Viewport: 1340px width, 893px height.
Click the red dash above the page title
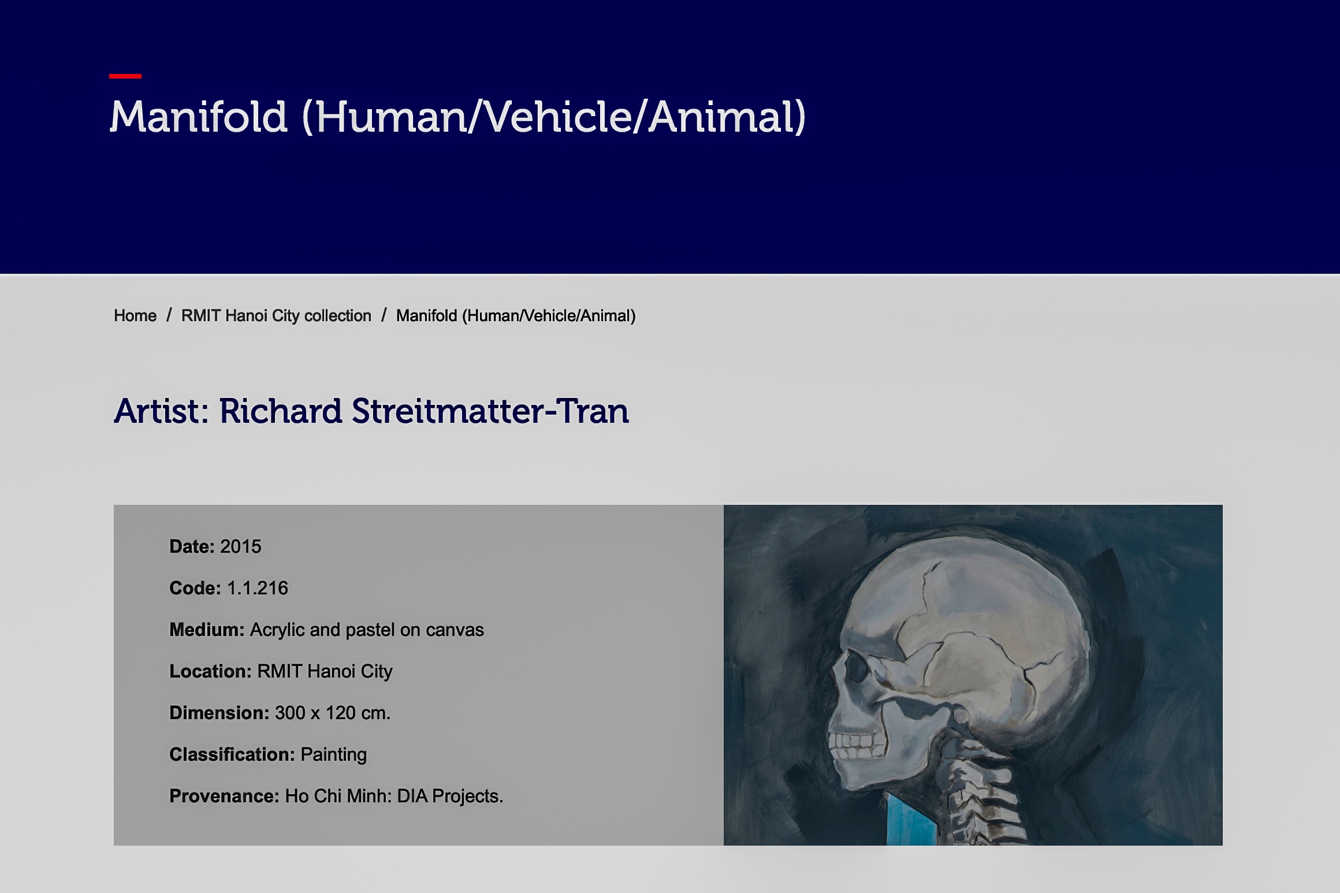pyautogui.click(x=125, y=76)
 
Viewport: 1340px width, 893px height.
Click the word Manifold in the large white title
pyautogui.click(x=199, y=117)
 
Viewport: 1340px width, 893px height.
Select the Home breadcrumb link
pyautogui.click(x=135, y=315)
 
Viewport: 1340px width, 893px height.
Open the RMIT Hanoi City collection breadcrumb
pyautogui.click(x=276, y=315)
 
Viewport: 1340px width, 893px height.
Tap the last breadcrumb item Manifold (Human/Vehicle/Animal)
pyautogui.click(x=516, y=315)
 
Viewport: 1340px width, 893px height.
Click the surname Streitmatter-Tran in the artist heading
pyautogui.click(x=490, y=411)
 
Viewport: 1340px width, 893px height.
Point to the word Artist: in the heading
pyautogui.click(x=162, y=411)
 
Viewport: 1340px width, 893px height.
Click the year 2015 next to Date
pyautogui.click(x=241, y=546)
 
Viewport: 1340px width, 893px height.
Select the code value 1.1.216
pyautogui.click(x=258, y=588)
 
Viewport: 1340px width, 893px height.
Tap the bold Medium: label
pyautogui.click(x=207, y=630)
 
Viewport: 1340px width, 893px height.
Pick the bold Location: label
pyautogui.click(x=210, y=671)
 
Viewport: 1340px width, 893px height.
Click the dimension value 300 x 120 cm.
pyautogui.click(x=333, y=713)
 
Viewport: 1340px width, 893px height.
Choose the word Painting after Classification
pyautogui.click(x=334, y=754)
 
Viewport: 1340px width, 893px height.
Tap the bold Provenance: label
pyautogui.click(x=224, y=796)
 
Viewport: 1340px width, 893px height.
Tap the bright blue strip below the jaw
pyautogui.click(x=912, y=821)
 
